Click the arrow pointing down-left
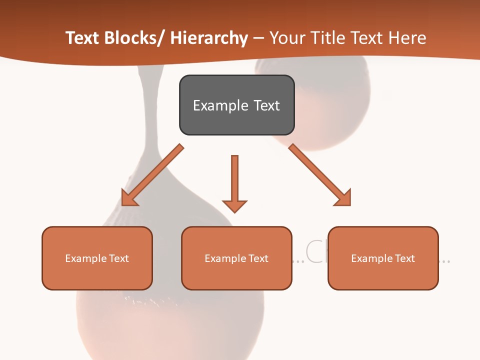153,175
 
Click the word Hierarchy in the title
209,38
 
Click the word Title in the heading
327,38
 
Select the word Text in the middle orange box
258,258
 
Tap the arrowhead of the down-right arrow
344,198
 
